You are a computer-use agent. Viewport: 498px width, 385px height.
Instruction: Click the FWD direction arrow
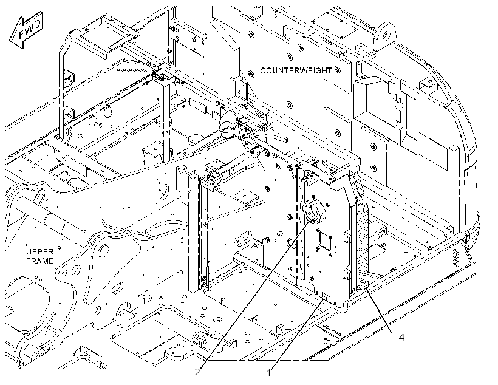(x=26, y=30)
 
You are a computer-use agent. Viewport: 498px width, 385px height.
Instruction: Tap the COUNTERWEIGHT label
(x=296, y=70)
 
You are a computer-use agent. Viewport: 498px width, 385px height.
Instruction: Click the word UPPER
(x=39, y=252)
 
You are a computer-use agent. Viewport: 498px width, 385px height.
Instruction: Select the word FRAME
(x=39, y=262)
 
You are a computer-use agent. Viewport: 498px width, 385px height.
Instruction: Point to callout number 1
(x=269, y=373)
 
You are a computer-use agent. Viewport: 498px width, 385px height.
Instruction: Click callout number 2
(x=197, y=372)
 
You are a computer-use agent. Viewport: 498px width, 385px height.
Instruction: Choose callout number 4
(x=401, y=338)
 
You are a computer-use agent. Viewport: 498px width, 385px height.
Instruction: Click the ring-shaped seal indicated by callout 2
(x=315, y=212)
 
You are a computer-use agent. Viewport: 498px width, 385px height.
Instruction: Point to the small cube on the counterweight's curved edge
(x=429, y=86)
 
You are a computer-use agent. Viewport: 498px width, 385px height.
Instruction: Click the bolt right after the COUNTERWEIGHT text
(x=338, y=70)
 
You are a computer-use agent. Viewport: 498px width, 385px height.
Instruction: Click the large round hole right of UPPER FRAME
(x=103, y=250)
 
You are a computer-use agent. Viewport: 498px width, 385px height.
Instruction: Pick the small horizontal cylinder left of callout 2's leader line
(x=202, y=339)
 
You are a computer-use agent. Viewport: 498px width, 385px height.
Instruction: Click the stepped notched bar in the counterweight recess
(x=397, y=112)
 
